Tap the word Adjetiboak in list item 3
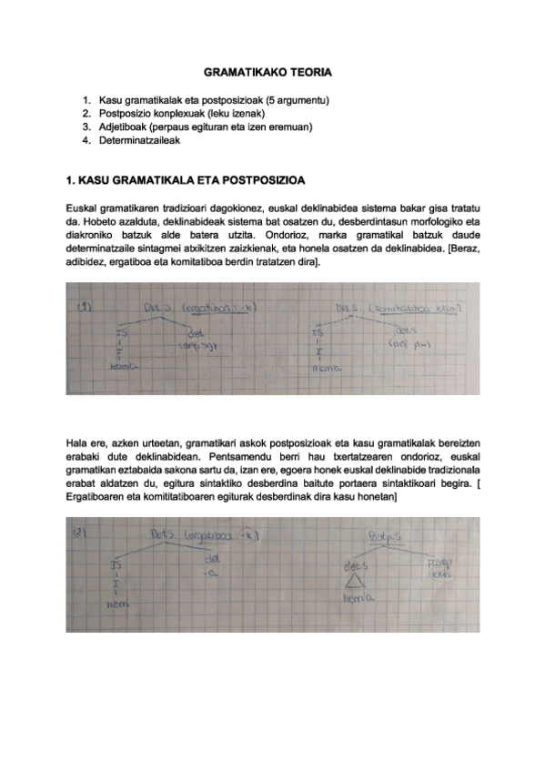[123, 127]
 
